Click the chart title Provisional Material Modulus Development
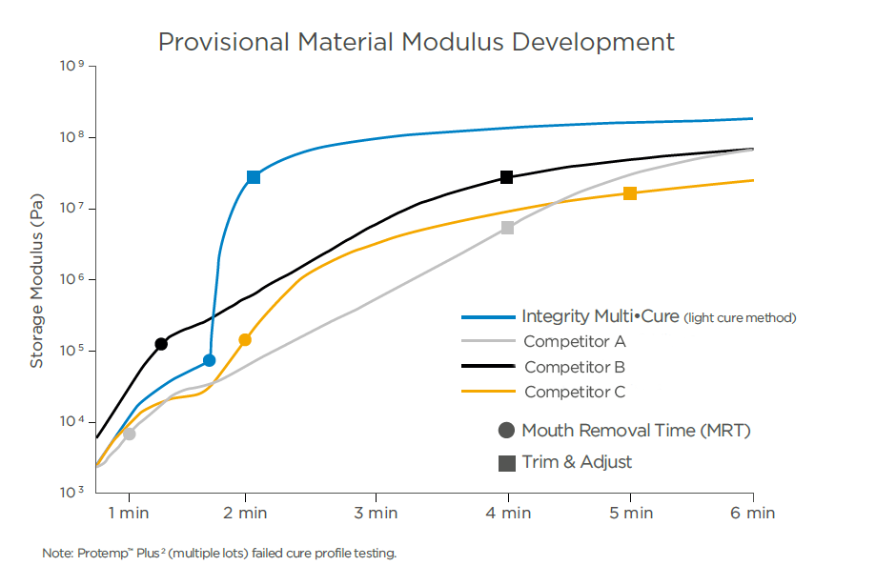pyautogui.click(x=416, y=42)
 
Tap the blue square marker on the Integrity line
pyautogui.click(x=254, y=177)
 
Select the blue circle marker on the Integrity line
pyautogui.click(x=210, y=360)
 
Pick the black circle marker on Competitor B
pyautogui.click(x=161, y=344)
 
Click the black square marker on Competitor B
pyautogui.click(x=507, y=177)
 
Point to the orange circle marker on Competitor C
pyautogui.click(x=245, y=339)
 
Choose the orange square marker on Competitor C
pyautogui.click(x=630, y=193)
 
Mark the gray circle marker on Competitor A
pyautogui.click(x=130, y=434)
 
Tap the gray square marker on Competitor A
pyautogui.click(x=508, y=228)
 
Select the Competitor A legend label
pyautogui.click(x=575, y=341)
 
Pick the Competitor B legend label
pyautogui.click(x=575, y=367)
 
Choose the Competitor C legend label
pyautogui.click(x=575, y=392)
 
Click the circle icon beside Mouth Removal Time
pyautogui.click(x=507, y=431)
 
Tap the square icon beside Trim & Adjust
pyautogui.click(x=507, y=463)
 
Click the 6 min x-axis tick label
pyautogui.click(x=753, y=513)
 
